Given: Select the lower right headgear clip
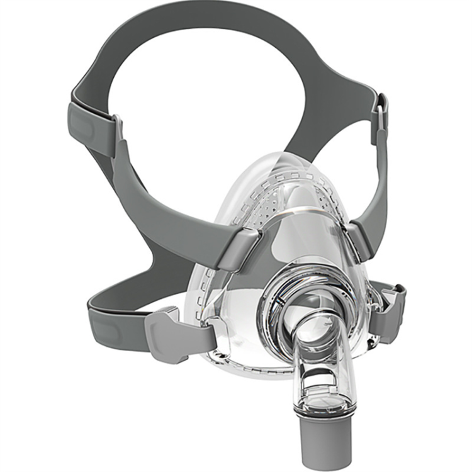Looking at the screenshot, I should (x=386, y=308).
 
